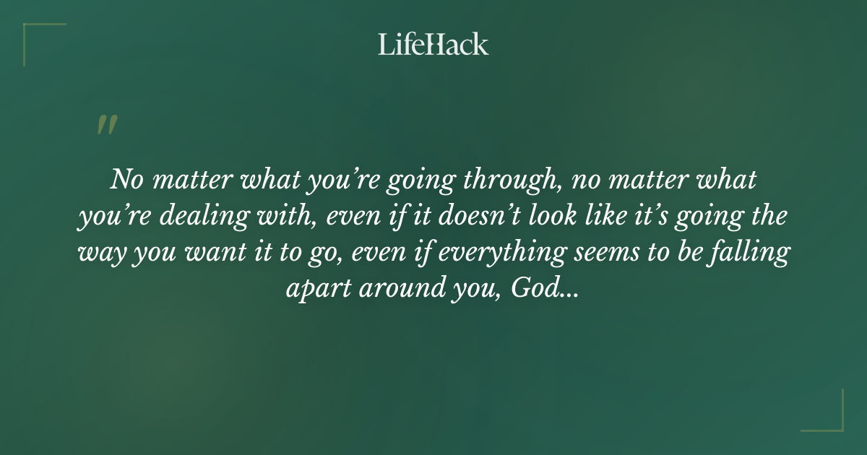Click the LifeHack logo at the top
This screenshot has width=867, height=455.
[x=433, y=44]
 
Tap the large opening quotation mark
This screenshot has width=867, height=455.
[x=106, y=125]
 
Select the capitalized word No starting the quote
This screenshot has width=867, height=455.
[x=124, y=179]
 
